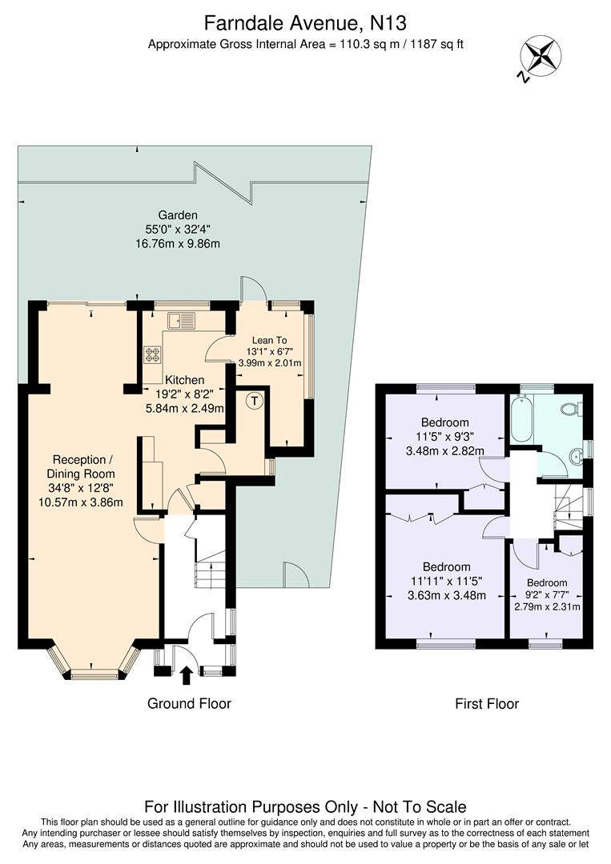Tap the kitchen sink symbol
coord(181,322)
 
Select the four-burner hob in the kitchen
coord(152,354)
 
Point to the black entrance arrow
coord(187,676)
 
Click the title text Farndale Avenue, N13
coord(305,21)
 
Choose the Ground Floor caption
coord(189,703)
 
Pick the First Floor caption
coord(486,704)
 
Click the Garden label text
coord(177,214)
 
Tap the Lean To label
coord(269,340)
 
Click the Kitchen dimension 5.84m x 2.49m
coord(185,407)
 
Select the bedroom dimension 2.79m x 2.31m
coord(547,607)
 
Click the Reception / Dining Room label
coord(78,466)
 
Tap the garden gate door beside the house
coord(294,573)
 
